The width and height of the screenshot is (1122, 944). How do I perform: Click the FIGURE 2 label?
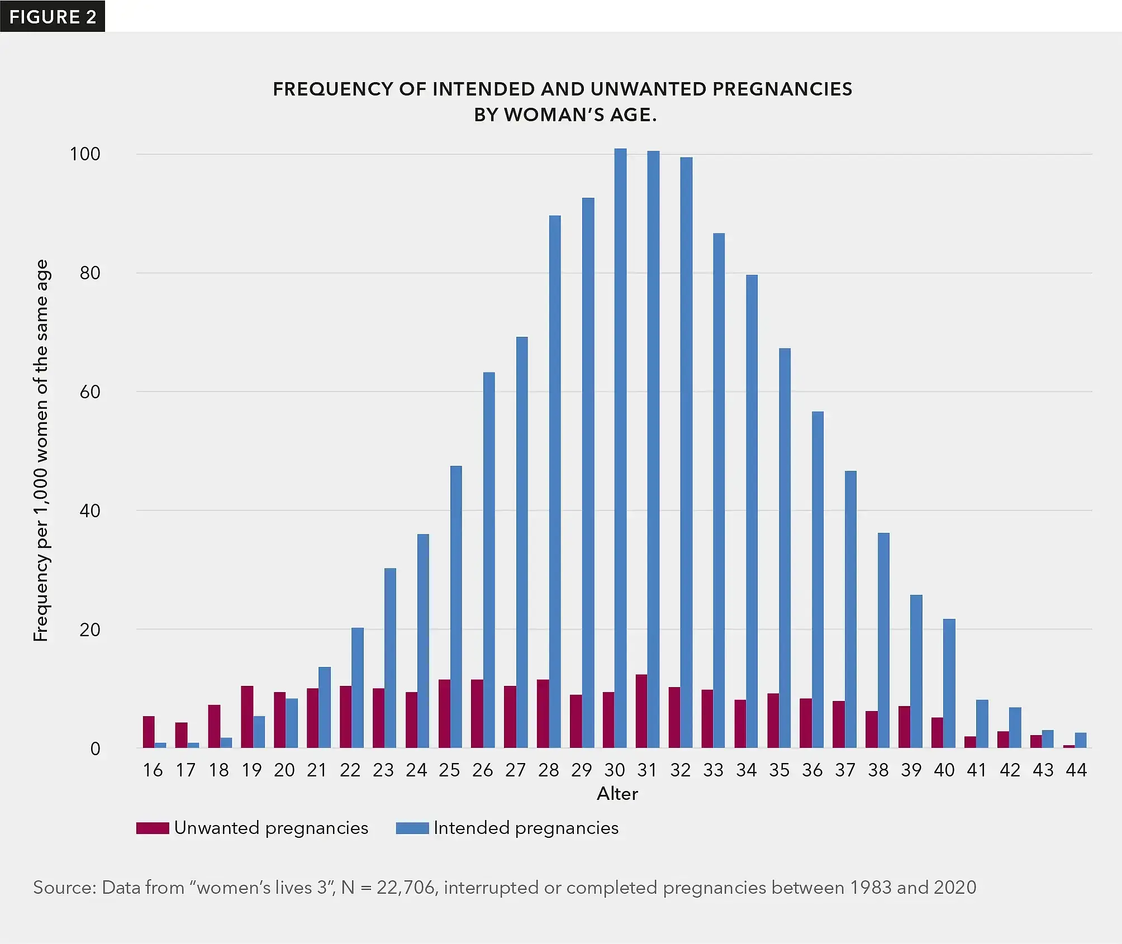[x=53, y=16]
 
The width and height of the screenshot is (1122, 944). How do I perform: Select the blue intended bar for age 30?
[x=620, y=447]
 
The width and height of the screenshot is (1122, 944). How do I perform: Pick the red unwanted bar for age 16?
[x=149, y=732]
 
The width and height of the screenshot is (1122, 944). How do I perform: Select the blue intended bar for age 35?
[x=785, y=547]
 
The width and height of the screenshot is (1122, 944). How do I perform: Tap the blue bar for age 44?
[x=1081, y=740]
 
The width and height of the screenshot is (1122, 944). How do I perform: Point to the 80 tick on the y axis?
[x=90, y=273]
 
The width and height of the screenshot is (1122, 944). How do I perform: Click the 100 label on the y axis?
[x=85, y=154]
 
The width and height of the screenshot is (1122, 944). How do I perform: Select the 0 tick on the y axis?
[x=96, y=748]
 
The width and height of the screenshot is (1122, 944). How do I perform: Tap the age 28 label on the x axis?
[x=548, y=770]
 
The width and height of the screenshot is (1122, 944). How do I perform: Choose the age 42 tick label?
[x=1010, y=770]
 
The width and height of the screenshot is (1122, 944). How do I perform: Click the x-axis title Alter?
[x=617, y=794]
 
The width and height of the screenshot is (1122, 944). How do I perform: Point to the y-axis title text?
[x=41, y=450]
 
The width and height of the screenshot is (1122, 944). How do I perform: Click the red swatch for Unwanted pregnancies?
[x=153, y=828]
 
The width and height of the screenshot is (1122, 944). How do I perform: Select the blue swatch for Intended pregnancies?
[x=412, y=828]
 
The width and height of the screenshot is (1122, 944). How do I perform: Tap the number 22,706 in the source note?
[x=406, y=888]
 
